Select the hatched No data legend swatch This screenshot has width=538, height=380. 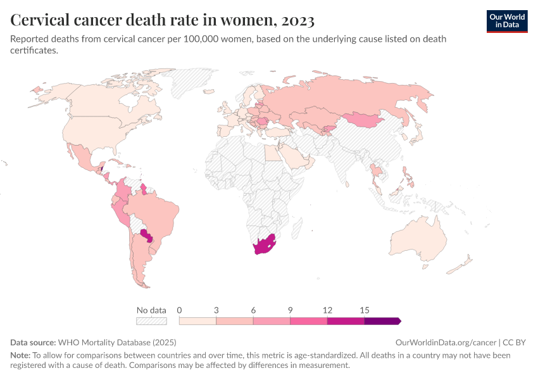(x=151, y=321)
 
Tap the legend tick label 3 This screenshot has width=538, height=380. (x=216, y=310)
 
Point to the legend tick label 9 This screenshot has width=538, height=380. (x=291, y=310)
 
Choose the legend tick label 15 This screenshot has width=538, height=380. (x=365, y=310)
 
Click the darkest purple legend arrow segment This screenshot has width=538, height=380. (x=382, y=321)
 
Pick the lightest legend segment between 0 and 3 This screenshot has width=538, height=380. (x=198, y=321)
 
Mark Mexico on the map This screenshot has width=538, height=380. (x=83, y=156)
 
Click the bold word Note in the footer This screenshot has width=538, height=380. (x=20, y=355)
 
